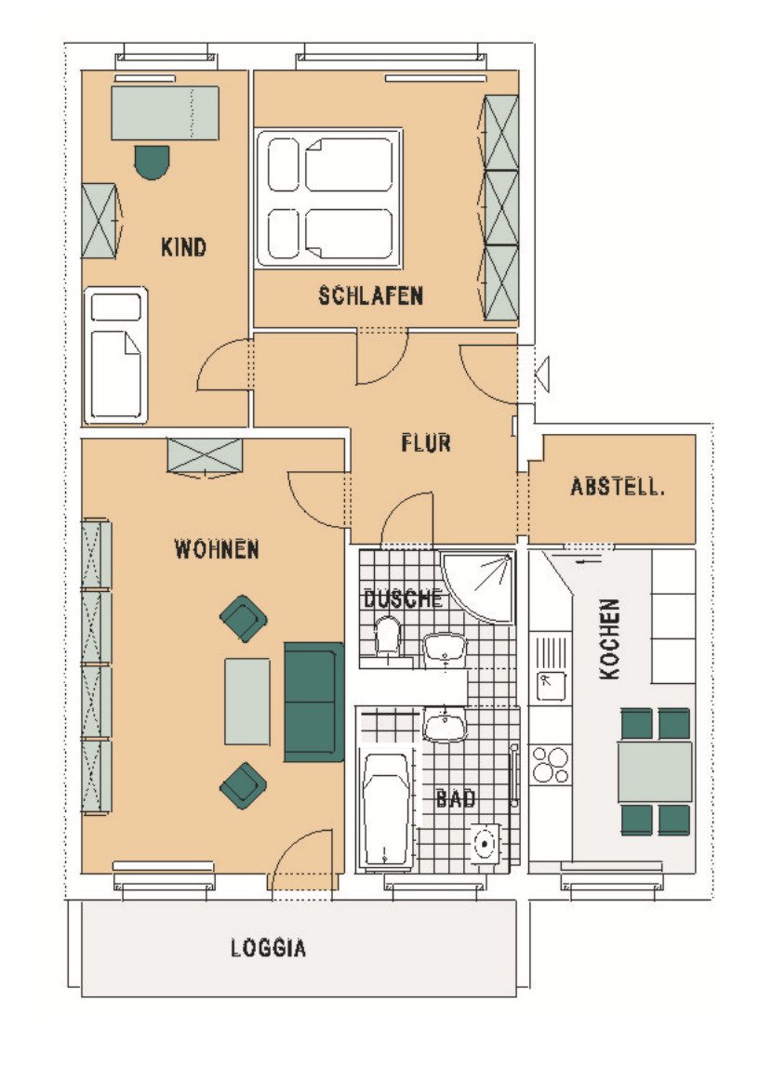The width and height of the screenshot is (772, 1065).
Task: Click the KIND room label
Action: click(x=183, y=246)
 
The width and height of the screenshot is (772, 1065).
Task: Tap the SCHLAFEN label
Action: click(x=371, y=296)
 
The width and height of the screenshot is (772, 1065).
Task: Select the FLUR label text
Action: click(x=426, y=443)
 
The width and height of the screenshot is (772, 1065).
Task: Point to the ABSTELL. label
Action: click(x=617, y=486)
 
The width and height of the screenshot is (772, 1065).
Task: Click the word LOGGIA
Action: click(x=269, y=948)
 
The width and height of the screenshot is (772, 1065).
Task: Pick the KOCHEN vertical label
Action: click(x=609, y=638)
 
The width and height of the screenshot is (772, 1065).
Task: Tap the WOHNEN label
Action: click(x=217, y=549)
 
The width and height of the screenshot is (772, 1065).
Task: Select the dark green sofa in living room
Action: click(x=314, y=702)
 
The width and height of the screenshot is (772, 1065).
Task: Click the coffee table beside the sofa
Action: click(x=247, y=701)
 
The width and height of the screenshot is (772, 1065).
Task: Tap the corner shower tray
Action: click(x=477, y=585)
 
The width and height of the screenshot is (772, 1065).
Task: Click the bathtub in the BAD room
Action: click(x=385, y=809)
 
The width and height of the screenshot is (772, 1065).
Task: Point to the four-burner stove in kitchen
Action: click(x=550, y=764)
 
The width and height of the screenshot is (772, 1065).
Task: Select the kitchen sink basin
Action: click(x=551, y=685)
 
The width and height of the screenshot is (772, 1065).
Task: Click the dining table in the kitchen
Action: click(x=655, y=771)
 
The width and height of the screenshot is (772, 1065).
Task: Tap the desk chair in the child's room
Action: click(x=152, y=162)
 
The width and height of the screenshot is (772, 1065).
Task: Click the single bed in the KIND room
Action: click(x=116, y=355)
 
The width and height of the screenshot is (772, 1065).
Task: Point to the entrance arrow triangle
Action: click(x=542, y=373)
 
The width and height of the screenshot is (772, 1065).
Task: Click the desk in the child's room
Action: click(x=166, y=112)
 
